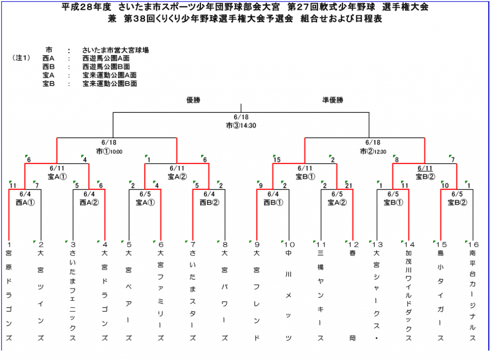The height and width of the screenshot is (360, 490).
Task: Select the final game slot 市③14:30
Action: point(241,125)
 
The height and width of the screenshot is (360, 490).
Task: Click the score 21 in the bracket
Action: point(348,185)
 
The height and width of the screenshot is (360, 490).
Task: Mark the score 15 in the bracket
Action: point(277,160)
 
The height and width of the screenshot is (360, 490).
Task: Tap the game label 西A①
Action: point(25,202)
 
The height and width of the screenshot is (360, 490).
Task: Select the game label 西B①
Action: point(273,202)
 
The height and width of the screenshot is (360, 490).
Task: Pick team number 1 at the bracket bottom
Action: point(9,245)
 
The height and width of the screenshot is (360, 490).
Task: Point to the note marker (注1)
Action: point(21,58)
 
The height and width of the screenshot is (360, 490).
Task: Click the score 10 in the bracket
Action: point(445,185)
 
